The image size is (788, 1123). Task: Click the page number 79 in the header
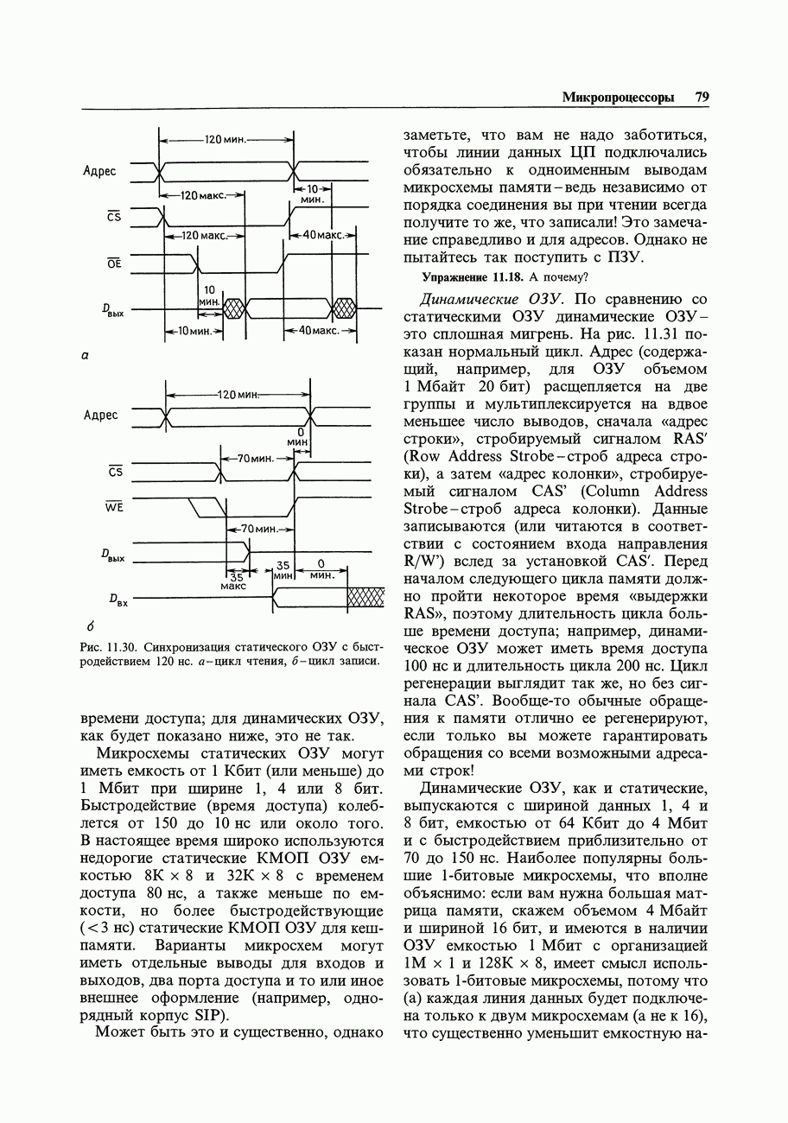702,98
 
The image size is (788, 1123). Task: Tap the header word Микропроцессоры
618,98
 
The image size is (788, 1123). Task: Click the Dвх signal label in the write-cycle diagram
118,600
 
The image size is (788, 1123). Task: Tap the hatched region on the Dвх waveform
365,598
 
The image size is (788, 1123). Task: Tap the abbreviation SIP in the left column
211,1014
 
